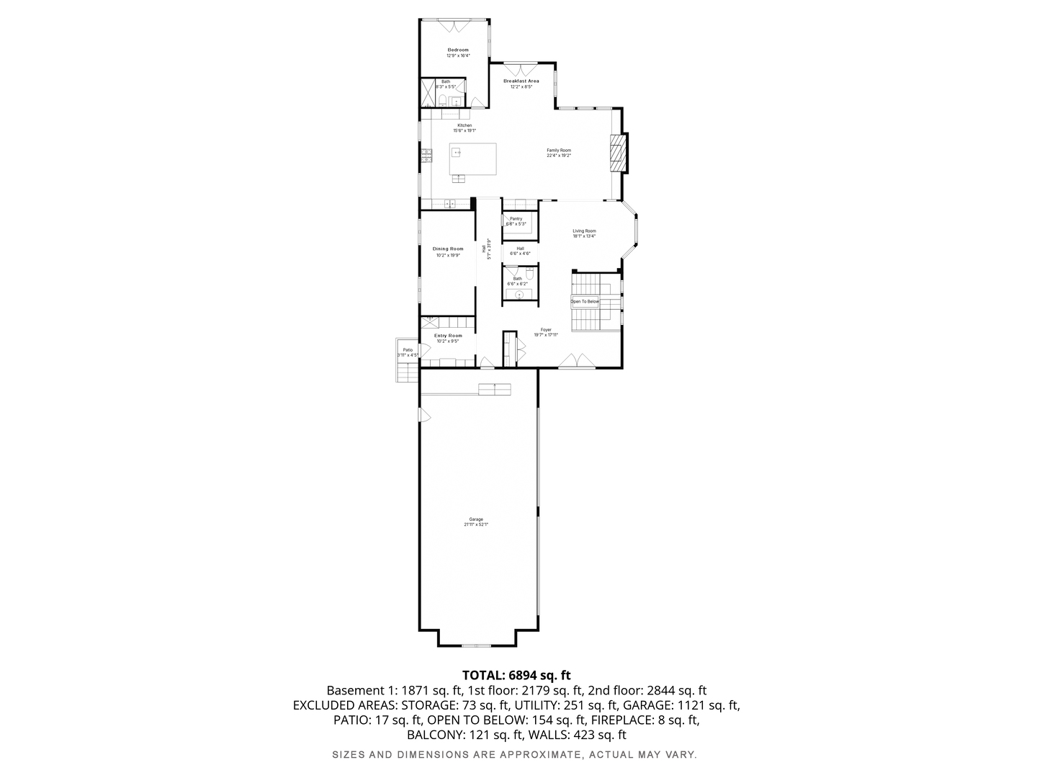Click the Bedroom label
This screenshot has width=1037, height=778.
tap(457, 50)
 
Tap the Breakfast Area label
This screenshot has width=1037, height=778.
tap(521, 81)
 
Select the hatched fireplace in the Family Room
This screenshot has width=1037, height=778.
tap(616, 153)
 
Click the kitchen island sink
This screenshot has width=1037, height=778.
tap(457, 153)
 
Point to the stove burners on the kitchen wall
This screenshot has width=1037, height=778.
tap(426, 153)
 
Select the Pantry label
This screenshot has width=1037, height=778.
tap(516, 218)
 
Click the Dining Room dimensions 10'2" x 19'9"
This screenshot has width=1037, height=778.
tap(448, 255)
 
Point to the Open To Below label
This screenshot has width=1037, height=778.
tap(585, 301)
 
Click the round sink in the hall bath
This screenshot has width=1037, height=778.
tap(518, 295)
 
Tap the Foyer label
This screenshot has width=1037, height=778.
tap(546, 330)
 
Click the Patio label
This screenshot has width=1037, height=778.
tap(408, 350)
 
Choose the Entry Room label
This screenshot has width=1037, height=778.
tap(448, 336)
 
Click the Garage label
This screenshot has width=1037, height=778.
tap(476, 519)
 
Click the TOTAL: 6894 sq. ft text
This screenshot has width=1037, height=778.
tap(516, 675)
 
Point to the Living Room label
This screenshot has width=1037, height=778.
tap(584, 231)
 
